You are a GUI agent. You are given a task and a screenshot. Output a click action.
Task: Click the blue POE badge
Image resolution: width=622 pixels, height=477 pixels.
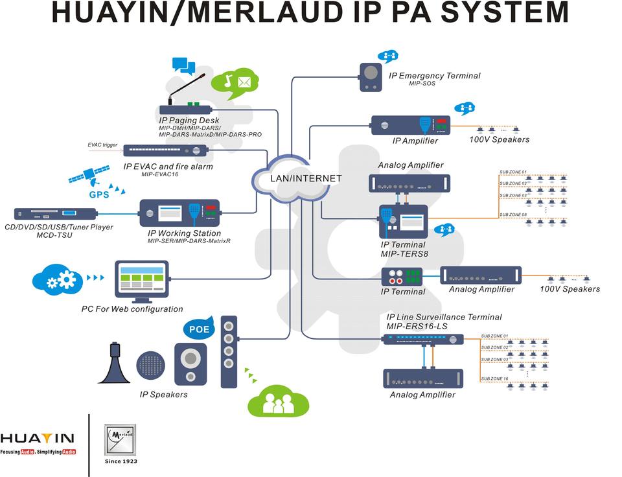coord(198,329)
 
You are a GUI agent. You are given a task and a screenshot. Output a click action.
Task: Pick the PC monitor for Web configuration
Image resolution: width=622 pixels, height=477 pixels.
coord(141,281)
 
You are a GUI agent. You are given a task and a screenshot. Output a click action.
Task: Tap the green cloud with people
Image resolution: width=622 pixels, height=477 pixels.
coord(275,401)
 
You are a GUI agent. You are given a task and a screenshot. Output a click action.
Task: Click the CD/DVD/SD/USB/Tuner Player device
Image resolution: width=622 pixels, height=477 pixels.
coord(55,213)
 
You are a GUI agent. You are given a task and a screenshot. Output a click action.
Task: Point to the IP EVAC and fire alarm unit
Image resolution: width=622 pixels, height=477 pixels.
coord(165,150)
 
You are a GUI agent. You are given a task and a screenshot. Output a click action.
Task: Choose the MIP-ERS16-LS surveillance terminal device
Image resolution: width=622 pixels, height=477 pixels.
coord(423,339)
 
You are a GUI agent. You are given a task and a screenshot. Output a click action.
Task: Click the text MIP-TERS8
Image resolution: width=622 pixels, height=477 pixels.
coord(404,254)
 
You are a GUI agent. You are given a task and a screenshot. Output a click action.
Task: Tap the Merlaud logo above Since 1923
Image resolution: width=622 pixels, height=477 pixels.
coord(121,440)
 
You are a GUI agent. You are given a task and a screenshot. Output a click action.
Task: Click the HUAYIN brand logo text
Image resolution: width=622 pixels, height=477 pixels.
coord(38,439)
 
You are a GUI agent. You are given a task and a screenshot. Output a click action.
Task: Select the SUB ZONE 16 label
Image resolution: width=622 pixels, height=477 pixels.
coord(494,378)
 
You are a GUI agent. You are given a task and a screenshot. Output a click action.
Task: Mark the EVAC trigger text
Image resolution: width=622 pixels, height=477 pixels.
coord(102,145)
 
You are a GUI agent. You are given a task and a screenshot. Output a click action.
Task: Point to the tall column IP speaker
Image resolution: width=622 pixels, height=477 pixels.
coord(229,352)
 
